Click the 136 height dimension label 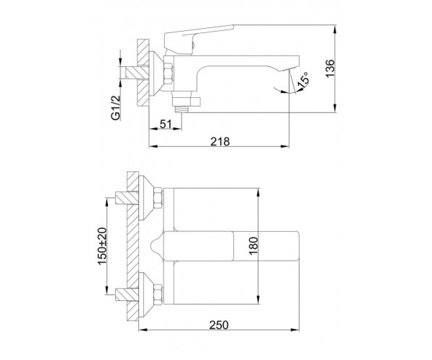[x=330, y=69]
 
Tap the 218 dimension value [x=220, y=142]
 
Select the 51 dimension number [x=166, y=124]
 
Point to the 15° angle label [x=303, y=80]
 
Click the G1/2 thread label [x=116, y=108]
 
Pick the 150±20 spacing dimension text [x=102, y=246]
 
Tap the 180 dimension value [x=254, y=246]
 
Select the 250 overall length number [x=219, y=325]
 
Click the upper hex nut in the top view [x=158, y=198]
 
